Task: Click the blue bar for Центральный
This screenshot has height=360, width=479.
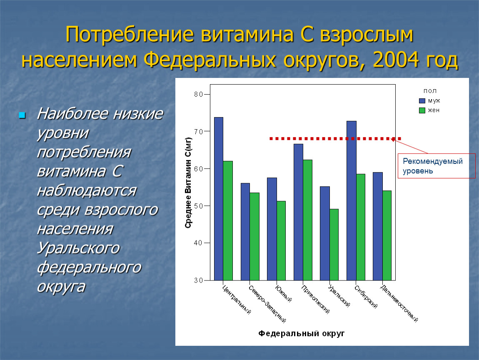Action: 219,199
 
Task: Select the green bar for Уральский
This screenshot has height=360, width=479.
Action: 334,245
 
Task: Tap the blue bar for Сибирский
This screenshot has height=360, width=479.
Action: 351,200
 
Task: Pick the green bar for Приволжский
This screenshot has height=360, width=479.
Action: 308,220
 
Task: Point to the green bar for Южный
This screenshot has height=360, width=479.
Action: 281,240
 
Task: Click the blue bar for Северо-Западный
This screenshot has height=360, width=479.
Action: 245,232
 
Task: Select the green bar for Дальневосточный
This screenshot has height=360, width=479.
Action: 387,235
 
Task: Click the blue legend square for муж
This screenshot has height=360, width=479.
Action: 422,101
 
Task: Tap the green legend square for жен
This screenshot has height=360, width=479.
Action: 422,110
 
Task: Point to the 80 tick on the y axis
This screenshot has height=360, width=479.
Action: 207,95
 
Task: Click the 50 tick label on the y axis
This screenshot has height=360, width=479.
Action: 198,206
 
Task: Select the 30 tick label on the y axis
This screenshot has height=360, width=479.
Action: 198,280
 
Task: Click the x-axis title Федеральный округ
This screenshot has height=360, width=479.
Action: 302,333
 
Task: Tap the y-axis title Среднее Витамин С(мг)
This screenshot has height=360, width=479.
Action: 188,183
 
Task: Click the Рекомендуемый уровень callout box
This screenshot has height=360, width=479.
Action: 437,166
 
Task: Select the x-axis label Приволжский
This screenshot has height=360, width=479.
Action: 315,300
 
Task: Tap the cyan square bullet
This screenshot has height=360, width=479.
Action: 22,115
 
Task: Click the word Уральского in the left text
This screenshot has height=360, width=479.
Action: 78,248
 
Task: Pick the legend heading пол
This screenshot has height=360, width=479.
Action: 430,91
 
